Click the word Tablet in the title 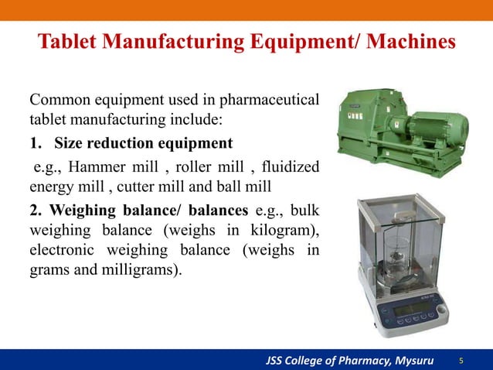click(67, 40)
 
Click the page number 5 click(461, 361)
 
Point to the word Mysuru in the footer click(412, 361)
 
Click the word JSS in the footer click(278, 361)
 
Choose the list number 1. click(34, 143)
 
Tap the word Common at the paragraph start click(57, 101)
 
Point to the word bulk click(304, 210)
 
